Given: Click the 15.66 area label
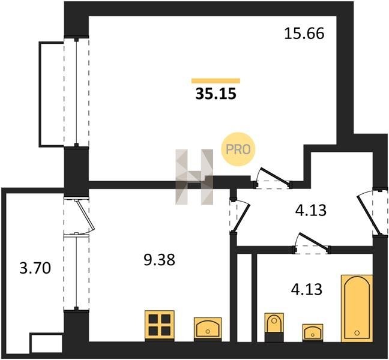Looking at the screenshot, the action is [304, 34].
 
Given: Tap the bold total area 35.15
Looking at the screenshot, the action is [216, 94].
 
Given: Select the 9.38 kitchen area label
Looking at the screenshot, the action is [160, 260].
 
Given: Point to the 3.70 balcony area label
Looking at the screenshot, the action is [35, 268].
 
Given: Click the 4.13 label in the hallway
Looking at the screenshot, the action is [310, 210].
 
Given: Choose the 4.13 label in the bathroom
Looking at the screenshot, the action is [307, 289].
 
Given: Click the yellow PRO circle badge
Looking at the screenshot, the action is [238, 149].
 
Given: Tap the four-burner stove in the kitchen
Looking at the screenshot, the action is [160, 325].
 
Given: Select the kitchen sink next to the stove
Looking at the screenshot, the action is [208, 328].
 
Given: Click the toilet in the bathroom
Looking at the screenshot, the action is [274, 327].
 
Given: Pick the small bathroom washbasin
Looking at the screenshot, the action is [313, 332].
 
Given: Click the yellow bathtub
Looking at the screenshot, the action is [357, 308].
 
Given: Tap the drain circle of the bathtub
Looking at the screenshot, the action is [357, 333].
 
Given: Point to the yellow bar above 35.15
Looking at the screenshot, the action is [216, 81].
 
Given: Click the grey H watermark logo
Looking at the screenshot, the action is [194, 177].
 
